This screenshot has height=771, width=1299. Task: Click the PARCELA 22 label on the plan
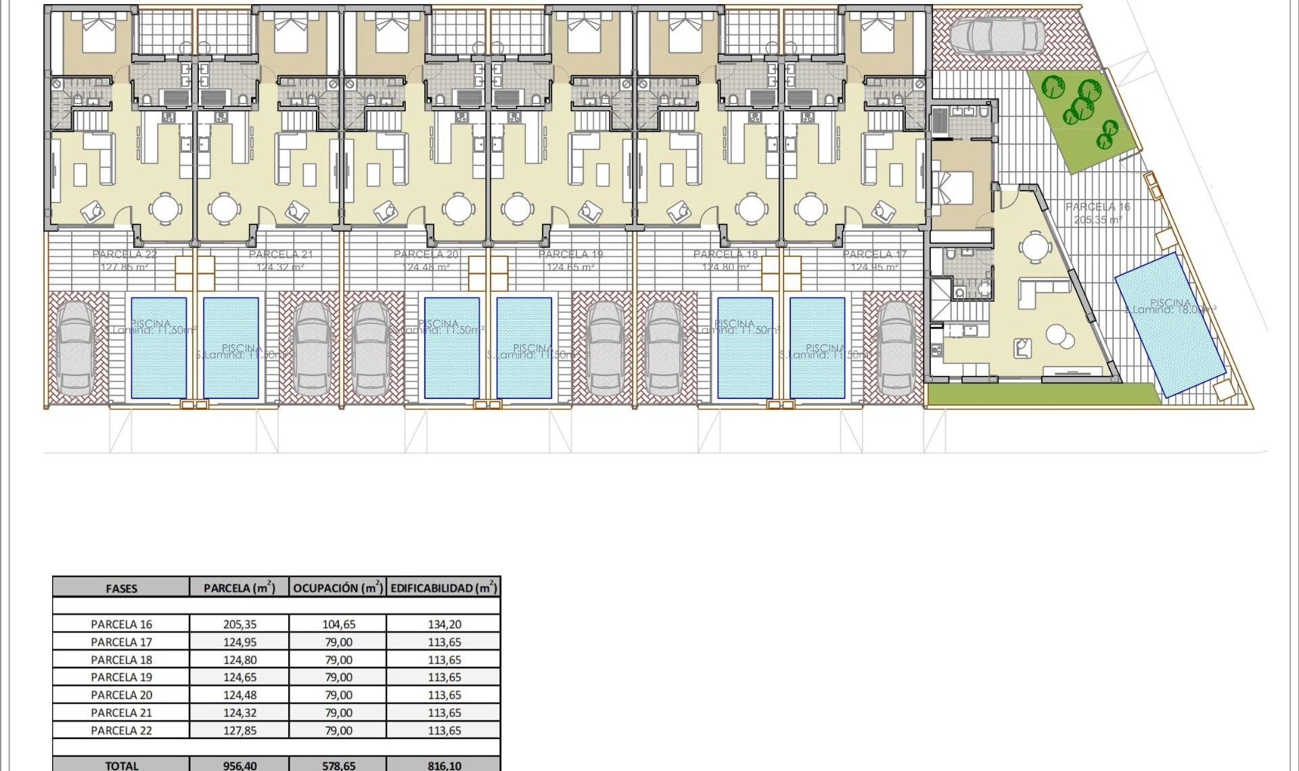tap(124, 255)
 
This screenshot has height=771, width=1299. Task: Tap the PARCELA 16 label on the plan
tap(1097, 207)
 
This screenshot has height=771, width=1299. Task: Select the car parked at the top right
tap(996, 35)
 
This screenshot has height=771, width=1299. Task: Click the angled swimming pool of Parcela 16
tap(1170, 323)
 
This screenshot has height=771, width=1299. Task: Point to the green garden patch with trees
tap(1081, 118)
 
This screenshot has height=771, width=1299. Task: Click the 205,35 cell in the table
tap(240, 624)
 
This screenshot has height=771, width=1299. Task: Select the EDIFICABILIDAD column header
tap(443, 588)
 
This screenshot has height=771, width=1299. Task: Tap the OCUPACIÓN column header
tap(338, 588)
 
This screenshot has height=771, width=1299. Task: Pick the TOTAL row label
tap(122, 765)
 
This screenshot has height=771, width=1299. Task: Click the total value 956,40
tap(240, 765)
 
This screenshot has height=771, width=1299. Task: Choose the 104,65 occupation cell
tap(338, 624)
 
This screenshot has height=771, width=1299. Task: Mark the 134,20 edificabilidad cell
tap(444, 624)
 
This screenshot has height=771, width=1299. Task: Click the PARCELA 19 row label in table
tap(122, 677)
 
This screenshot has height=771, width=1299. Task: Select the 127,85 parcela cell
tap(240, 730)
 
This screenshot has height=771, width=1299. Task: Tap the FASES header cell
tap(122, 588)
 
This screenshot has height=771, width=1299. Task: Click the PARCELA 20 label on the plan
tap(426, 255)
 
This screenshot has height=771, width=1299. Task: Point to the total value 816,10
tap(444, 765)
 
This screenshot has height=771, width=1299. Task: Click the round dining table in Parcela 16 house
tap(1034, 247)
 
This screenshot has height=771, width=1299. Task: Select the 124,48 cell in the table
tap(240, 695)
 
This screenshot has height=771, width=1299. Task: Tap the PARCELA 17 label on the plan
tap(874, 255)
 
